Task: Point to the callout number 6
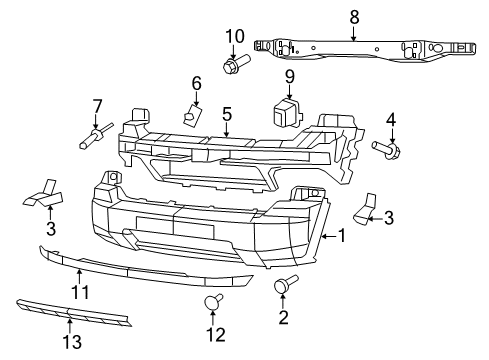coord(196,83)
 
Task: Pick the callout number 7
coord(97,106)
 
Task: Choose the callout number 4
coord(391,121)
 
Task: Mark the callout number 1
coord(341,237)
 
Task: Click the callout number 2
coord(282,318)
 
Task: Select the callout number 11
coord(79,292)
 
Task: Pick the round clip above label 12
coord(212,301)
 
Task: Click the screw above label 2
coord(283,286)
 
